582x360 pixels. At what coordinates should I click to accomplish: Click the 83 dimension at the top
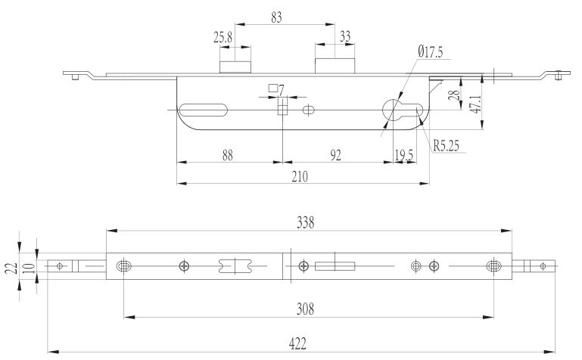[276, 17]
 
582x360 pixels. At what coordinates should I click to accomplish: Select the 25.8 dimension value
[223, 37]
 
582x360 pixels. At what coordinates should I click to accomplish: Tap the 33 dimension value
[345, 37]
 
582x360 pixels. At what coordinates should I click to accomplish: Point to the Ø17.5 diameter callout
[431, 52]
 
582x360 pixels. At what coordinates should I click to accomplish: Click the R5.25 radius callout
[447, 146]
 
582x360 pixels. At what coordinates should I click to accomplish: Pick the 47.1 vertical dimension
[476, 104]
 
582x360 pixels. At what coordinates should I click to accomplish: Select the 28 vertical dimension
[454, 95]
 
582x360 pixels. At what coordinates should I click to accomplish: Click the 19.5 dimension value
[404, 155]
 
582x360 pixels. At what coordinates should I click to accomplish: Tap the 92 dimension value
[335, 155]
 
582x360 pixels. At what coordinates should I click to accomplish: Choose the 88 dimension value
[228, 155]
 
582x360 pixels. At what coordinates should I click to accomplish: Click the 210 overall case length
[300, 177]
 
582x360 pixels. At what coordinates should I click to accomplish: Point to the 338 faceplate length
[306, 222]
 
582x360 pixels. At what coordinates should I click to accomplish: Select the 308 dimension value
[306, 309]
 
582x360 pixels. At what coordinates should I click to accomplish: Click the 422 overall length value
[297, 344]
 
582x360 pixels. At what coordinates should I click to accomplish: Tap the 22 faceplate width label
[11, 268]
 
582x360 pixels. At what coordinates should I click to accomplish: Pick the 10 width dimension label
[30, 268]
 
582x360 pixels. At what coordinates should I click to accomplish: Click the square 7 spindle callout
[276, 89]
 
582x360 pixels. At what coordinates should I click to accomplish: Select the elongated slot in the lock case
[203, 110]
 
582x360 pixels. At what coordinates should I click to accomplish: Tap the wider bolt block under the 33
[335, 66]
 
